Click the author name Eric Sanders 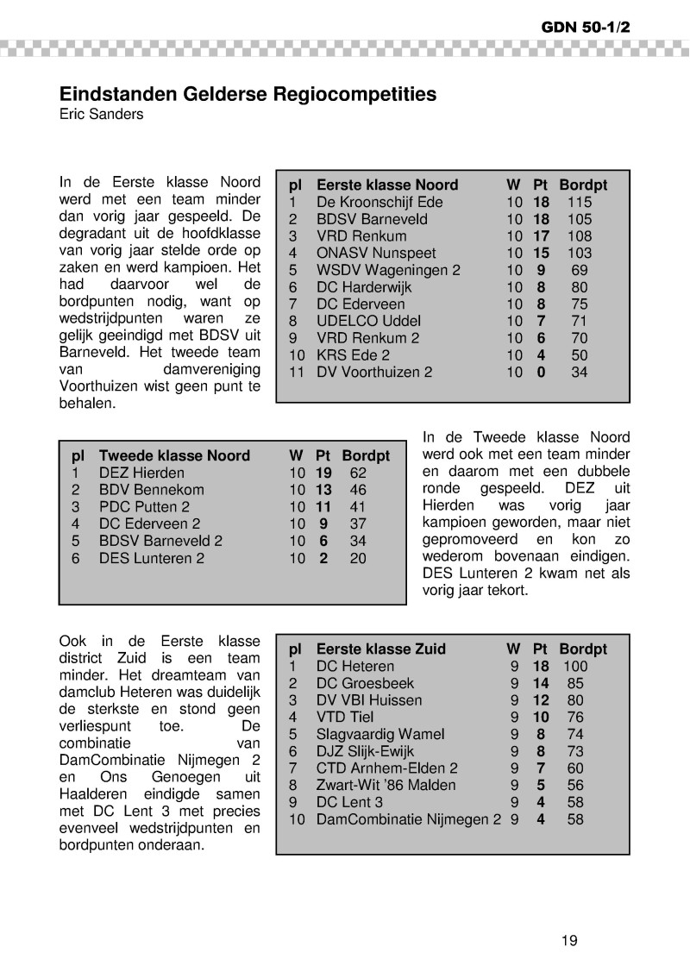coord(101,114)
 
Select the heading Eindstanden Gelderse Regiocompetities coord(248,93)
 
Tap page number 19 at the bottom coord(569,940)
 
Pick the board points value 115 coord(580,203)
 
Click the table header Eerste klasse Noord coord(387,185)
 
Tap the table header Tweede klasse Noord coord(174,456)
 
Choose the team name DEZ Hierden coord(141,473)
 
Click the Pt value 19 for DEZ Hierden coord(323,473)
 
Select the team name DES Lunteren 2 coord(152,559)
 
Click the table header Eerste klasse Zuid coord(380,649)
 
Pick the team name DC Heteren coord(355,667)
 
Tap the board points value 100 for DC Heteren coord(575,667)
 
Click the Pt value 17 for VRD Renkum coord(541,236)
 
